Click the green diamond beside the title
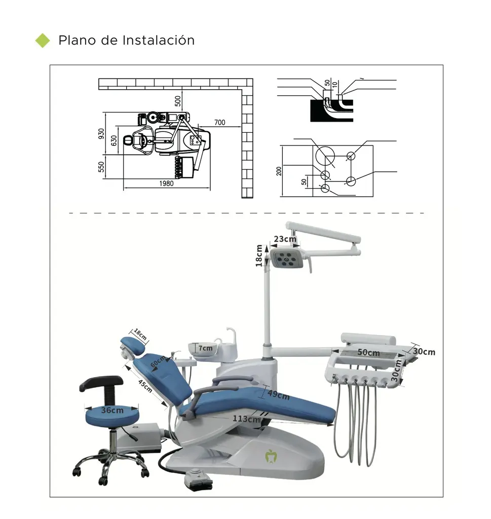pos(43,41)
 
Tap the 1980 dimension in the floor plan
pos(166,184)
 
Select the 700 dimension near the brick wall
pos(219,123)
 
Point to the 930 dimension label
pos(101,134)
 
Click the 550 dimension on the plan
pos(101,167)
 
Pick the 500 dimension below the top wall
pos(178,100)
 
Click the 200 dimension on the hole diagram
pos(279,171)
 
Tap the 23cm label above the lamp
pos(285,239)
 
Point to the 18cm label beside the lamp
pos(259,255)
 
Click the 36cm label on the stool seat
pos(112,411)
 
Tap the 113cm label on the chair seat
pos(247,419)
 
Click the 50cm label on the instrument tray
pos(368,352)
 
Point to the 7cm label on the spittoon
pos(205,348)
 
